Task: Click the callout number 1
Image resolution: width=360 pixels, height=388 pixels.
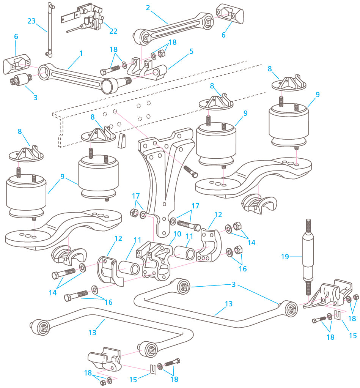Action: click(81, 54)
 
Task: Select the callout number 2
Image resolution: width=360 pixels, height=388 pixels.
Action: click(148, 7)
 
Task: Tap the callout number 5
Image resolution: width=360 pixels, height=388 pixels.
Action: click(192, 50)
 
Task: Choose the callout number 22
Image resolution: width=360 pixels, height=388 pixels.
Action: click(113, 31)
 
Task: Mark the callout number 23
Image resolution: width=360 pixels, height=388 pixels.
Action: click(32, 21)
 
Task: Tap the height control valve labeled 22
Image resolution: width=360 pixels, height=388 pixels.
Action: click(89, 19)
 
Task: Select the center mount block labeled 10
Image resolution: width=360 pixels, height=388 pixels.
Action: click(156, 260)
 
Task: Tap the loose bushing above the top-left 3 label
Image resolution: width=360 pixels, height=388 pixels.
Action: click(20, 80)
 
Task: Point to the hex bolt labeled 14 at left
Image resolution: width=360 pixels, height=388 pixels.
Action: click(64, 273)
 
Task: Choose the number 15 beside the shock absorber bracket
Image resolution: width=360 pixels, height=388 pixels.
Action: click(353, 335)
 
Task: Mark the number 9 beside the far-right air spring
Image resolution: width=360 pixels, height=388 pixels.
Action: click(317, 94)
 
